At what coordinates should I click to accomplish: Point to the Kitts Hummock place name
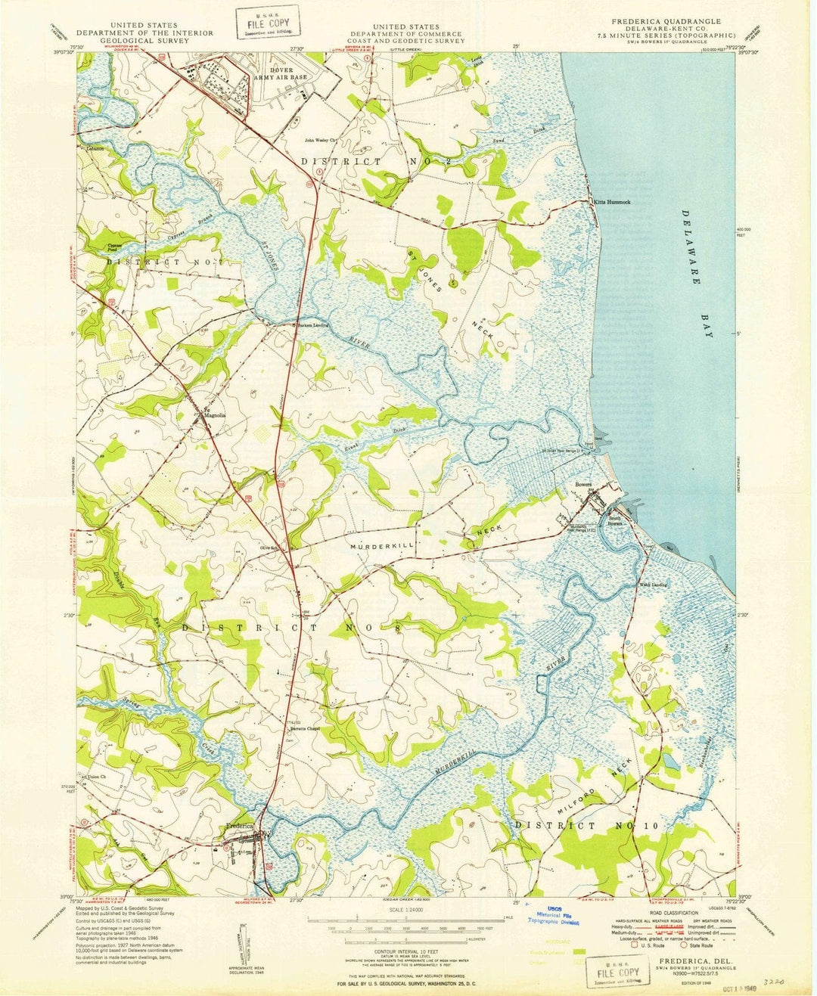612,203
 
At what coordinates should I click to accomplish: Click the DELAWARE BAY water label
697,273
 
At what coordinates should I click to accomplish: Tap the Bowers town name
583,484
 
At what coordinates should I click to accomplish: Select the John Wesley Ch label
322,140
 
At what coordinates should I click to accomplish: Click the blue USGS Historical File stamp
553,916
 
